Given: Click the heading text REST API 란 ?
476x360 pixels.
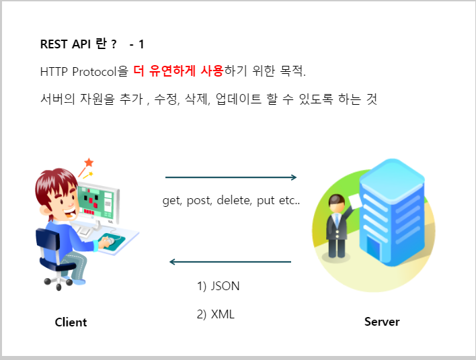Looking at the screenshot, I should click(78, 44).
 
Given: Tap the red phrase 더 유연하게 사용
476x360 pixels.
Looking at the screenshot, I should click(178, 70).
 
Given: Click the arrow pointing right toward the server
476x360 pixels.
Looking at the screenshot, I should click(231, 177).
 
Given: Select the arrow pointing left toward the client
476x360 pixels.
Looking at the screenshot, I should click(231, 261).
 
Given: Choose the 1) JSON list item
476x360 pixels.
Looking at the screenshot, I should click(218, 285).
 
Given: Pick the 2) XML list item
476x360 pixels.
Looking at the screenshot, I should click(215, 314).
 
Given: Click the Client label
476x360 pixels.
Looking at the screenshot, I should click(71, 322).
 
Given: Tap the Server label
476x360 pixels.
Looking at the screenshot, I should click(382, 321).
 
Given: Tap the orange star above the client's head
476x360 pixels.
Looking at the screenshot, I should click(89, 163).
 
